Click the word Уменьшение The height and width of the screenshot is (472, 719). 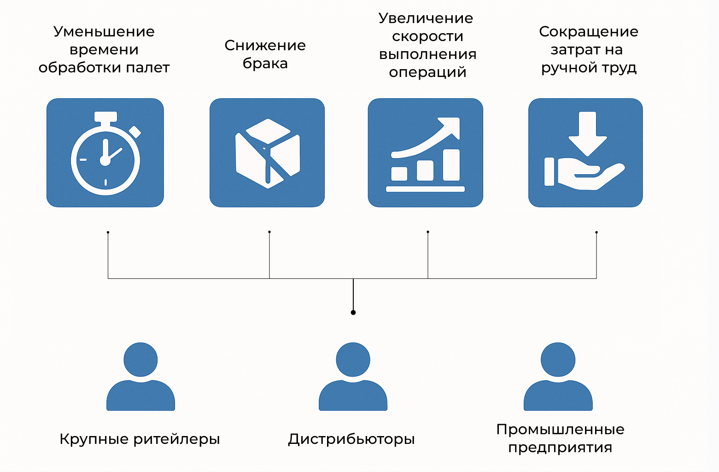point(104,32)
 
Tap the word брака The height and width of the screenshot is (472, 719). point(265,64)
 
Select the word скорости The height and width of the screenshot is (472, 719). point(427,36)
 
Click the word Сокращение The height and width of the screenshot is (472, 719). point(589,32)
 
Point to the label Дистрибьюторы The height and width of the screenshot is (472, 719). point(351,439)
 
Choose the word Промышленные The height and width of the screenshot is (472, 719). point(560,430)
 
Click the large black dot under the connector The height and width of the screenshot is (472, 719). point(353,313)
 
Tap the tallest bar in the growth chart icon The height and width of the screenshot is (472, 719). point(451,165)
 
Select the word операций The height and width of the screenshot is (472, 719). point(427,73)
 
